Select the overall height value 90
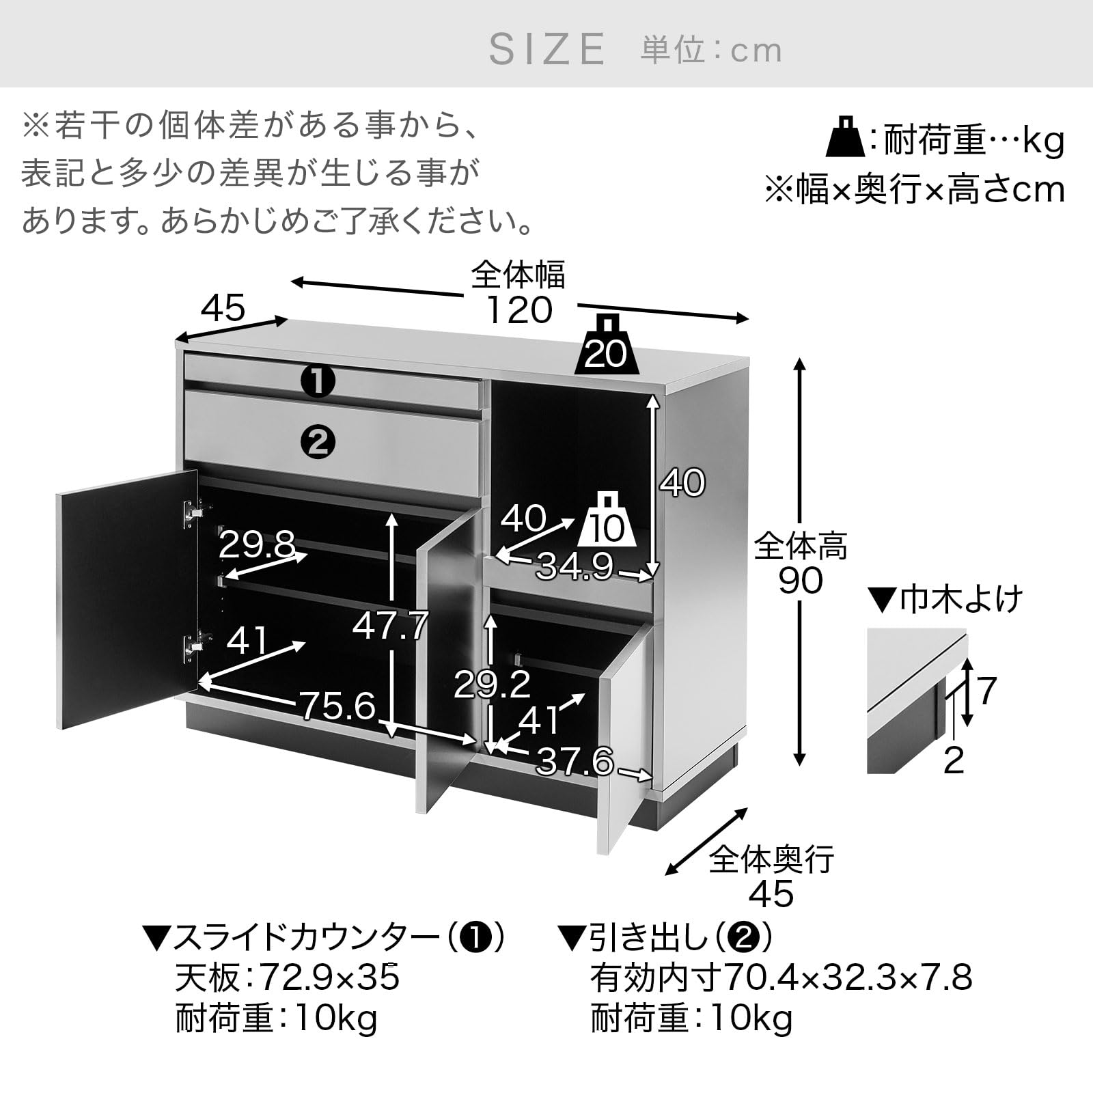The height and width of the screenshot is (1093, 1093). (x=800, y=581)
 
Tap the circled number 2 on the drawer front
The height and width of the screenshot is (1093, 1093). (x=318, y=443)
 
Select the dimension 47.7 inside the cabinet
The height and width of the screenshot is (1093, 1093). (x=390, y=626)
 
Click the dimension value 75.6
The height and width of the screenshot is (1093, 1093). (x=338, y=705)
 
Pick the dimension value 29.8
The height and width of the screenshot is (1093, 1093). (x=257, y=545)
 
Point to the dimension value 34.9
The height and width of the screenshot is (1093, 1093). (x=574, y=566)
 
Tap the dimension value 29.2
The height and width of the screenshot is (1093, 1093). (x=492, y=684)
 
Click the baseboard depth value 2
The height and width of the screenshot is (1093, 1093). (x=953, y=760)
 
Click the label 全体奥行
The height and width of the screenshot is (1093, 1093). (x=771, y=859)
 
